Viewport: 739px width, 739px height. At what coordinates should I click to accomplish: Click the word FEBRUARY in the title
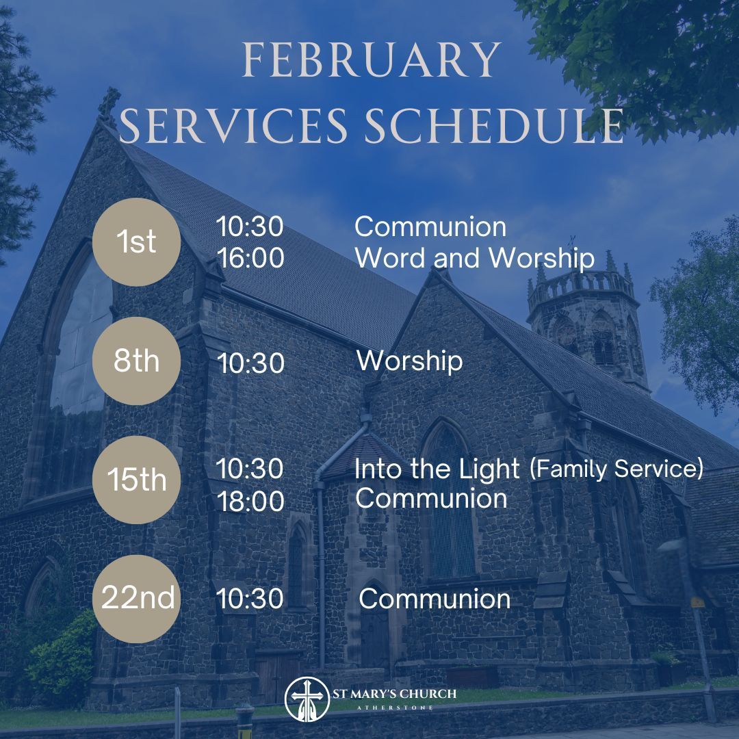coord(372,61)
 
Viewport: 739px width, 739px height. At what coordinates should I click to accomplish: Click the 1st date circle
coord(137,242)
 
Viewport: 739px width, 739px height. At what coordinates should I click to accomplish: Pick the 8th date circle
coord(137,361)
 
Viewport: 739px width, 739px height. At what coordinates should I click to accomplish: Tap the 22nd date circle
coord(137,599)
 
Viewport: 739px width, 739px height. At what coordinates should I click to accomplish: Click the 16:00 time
coord(250,259)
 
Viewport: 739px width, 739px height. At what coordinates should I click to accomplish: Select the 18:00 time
coord(250,502)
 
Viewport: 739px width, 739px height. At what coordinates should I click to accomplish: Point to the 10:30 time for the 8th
coord(250,363)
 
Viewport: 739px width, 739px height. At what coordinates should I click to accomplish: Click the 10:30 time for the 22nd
coord(250,599)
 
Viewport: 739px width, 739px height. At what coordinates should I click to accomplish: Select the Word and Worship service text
coord(474,258)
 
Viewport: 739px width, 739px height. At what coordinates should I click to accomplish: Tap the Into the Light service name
coord(437,469)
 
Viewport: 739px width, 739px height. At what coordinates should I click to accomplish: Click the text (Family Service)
coord(616,469)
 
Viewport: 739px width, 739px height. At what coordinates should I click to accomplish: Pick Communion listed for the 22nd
coord(435,599)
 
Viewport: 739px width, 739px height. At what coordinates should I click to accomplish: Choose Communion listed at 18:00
coord(431,498)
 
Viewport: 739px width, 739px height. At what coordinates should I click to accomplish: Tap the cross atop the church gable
coord(108,103)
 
